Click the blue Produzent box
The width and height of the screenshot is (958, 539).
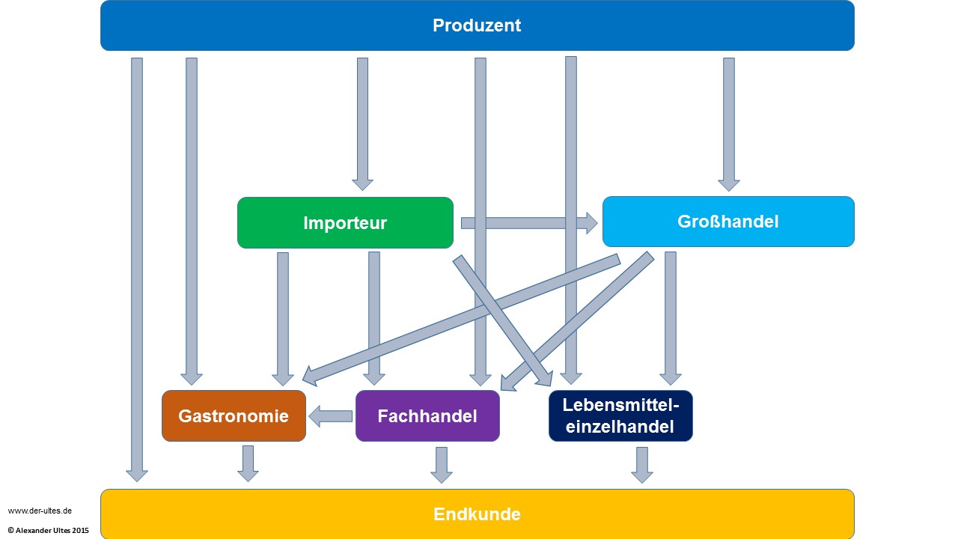477,25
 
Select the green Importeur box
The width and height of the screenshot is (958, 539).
345,222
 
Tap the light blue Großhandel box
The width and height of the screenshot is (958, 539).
727,222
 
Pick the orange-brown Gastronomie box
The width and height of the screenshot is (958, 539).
234,416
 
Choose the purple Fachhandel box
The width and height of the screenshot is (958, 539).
427,416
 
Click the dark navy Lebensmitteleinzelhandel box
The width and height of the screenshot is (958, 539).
620,416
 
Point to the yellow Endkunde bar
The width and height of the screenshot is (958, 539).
477,514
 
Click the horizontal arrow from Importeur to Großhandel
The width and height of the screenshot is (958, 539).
528,222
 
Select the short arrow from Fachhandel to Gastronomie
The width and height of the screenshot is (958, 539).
331,416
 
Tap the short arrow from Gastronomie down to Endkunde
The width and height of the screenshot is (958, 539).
248,463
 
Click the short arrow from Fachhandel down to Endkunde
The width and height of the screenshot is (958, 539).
442,464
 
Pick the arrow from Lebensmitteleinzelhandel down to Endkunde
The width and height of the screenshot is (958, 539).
641,464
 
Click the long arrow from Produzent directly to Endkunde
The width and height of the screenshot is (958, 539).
137,269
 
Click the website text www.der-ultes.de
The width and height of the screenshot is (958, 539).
40,511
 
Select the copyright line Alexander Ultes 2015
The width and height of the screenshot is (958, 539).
48,530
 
